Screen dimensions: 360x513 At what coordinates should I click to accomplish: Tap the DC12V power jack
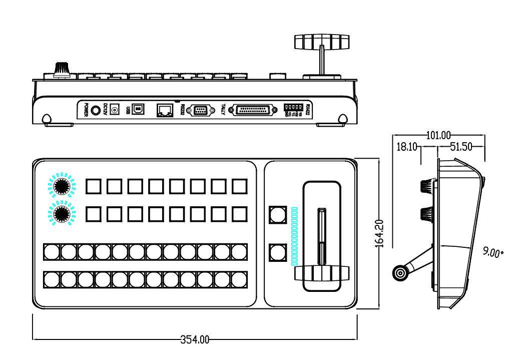point(115,109)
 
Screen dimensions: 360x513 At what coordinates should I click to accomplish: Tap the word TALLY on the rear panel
point(223,110)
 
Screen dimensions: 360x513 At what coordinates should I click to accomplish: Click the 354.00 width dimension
point(195,340)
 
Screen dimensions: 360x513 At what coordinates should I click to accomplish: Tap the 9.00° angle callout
point(493,252)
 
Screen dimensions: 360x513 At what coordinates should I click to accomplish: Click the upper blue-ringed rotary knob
point(61,186)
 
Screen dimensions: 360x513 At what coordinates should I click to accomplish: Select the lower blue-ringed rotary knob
point(61,214)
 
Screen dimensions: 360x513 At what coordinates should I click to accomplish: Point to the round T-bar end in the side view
point(400,273)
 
